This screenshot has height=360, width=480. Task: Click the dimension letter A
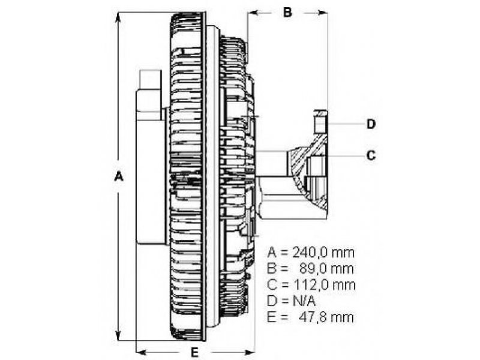[119, 176]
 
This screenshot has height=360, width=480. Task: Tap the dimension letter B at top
[287, 13]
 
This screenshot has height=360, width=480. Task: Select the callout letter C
[371, 155]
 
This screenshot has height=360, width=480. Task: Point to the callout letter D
[371, 124]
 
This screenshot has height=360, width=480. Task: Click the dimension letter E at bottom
[194, 353]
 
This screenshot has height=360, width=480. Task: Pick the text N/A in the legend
[304, 301]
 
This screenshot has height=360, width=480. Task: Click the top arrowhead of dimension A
[118, 18]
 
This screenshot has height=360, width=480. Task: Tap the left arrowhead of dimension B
[253, 13]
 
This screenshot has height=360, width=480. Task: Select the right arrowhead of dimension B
[322, 13]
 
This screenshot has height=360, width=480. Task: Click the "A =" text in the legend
[278, 253]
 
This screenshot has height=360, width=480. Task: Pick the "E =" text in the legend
[278, 317]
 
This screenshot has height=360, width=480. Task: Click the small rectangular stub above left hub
[150, 80]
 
